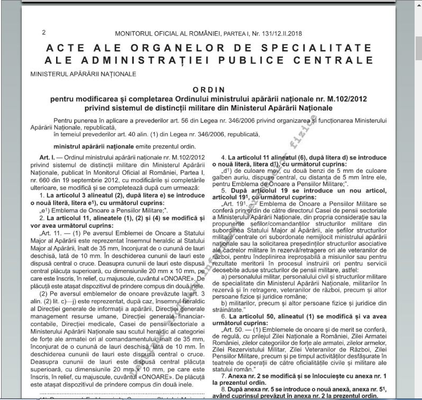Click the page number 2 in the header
pyautogui.click(x=43, y=33)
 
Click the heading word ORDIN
pyautogui.click(x=208, y=90)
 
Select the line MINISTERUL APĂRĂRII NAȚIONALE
pyautogui.click(x=83, y=75)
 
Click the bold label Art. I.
pyautogui.click(x=48, y=158)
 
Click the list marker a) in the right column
pyautogui.click(x=224, y=276)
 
